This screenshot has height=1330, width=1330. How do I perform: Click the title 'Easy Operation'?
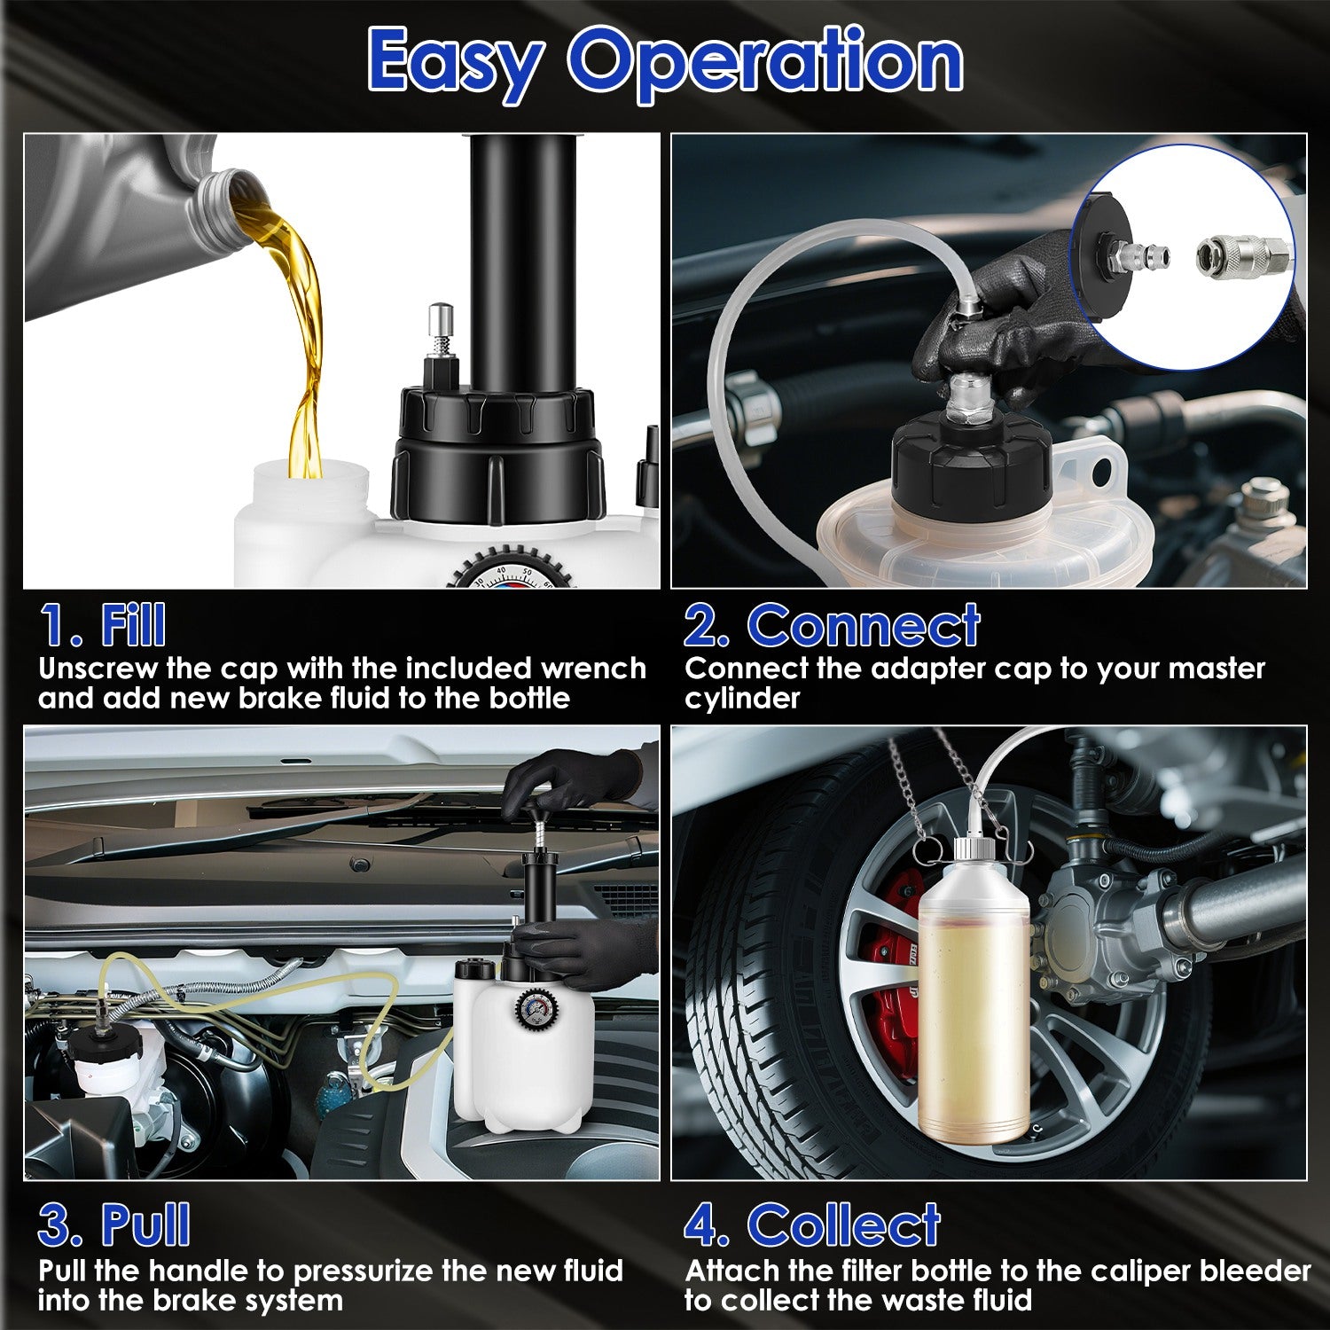pyautogui.click(x=665, y=60)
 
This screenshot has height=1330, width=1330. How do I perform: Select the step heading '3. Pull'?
pyautogui.click(x=113, y=1225)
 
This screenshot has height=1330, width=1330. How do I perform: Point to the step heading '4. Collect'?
pyautogui.click(x=812, y=1225)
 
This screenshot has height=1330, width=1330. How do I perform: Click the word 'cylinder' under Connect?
pyautogui.click(x=741, y=699)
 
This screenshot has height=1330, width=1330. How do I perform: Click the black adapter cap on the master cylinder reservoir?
pyautogui.click(x=971, y=461)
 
